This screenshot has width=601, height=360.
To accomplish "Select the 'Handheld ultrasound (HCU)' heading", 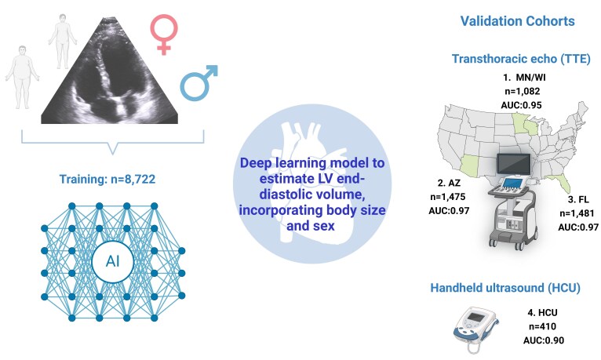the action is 506,289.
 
